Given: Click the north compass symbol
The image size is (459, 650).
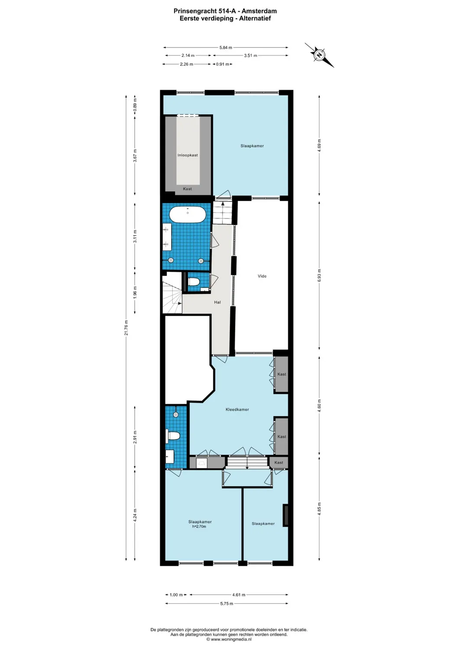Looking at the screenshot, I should (320, 55).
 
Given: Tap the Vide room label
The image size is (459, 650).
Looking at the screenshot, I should (262, 276).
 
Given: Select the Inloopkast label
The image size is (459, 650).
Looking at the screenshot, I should (187, 155).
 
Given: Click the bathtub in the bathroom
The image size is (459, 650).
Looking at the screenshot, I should (187, 214).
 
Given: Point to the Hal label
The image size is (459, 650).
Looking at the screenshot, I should (217, 302).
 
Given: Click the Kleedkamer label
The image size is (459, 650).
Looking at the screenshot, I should (237, 409).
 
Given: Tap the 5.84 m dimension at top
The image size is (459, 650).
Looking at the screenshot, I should (226, 48).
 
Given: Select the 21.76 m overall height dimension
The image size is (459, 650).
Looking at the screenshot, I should (126, 328).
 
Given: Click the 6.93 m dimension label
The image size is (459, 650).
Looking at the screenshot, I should (320, 276).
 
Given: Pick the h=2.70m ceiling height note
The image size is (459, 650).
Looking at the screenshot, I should (199, 526).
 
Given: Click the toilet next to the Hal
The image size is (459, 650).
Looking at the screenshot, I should (194, 282).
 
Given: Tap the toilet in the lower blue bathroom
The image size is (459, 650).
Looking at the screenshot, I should (173, 435).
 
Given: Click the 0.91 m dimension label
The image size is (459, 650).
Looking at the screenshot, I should (223, 64).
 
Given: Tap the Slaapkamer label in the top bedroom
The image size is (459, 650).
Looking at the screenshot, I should (252, 146).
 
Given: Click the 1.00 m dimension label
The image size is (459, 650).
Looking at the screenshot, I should (176, 595).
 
